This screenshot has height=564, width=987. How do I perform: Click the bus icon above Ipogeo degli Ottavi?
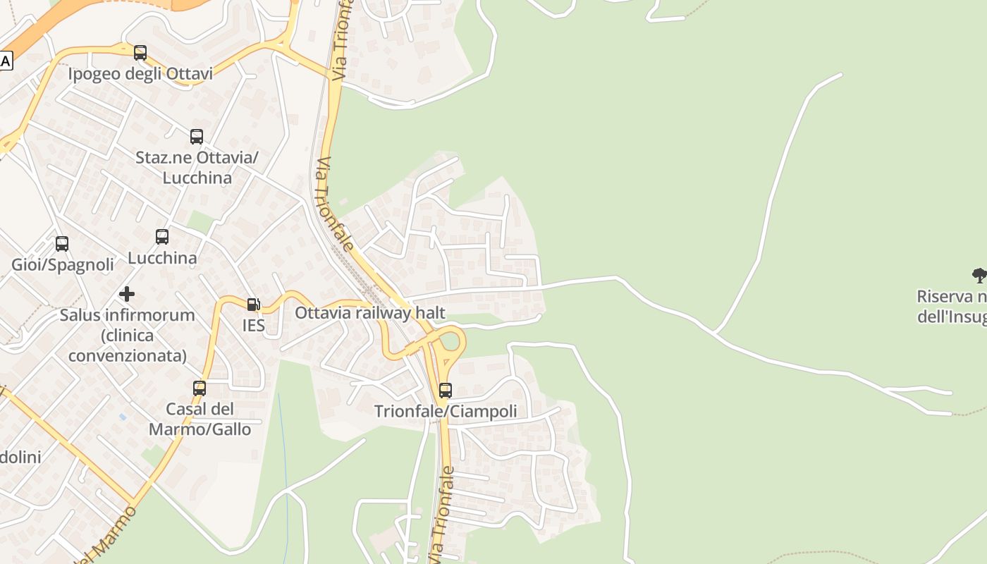click(140, 53)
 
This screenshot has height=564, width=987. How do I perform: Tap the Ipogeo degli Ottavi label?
click(140, 74)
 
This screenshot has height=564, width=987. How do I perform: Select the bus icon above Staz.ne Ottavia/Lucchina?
click(197, 137)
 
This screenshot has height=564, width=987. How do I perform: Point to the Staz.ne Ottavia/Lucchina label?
click(197, 167)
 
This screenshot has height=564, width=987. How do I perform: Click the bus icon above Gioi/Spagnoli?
click(62, 244)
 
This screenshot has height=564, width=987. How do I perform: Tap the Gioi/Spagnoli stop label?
click(63, 265)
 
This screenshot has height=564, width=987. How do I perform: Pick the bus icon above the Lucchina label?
click(162, 237)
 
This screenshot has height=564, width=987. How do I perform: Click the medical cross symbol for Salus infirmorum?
click(127, 293)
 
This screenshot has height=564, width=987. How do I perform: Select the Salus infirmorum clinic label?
click(127, 335)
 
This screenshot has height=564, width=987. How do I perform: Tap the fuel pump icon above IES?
click(253, 305)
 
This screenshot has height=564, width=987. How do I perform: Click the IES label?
click(253, 325)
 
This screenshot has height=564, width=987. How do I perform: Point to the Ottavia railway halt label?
click(369, 312)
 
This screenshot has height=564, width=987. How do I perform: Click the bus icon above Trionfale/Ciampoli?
click(445, 390)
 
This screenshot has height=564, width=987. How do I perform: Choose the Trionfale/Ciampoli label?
click(445, 411)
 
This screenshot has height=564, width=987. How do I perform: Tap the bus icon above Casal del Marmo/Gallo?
click(200, 388)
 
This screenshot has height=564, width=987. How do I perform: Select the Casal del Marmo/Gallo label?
click(200, 419)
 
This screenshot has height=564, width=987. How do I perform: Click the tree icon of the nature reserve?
click(979, 275)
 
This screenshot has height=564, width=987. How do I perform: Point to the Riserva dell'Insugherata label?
click(951, 307)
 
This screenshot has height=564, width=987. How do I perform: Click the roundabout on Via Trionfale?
click(450, 343)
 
